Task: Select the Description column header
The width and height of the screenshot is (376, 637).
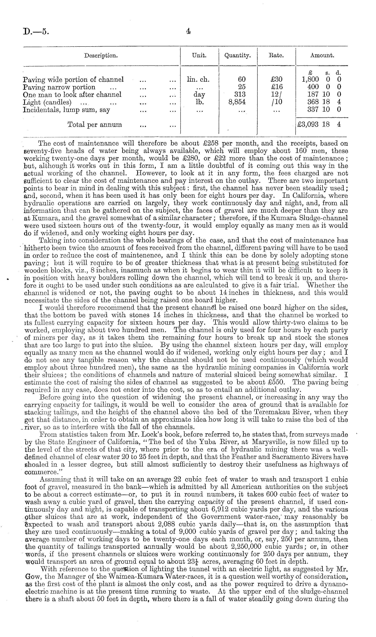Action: click(x=101, y=55)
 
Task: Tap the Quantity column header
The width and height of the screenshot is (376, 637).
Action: click(x=238, y=55)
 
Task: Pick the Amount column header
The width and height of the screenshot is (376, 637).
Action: click(x=322, y=55)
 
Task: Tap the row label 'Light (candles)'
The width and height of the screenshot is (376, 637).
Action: click(x=47, y=102)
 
